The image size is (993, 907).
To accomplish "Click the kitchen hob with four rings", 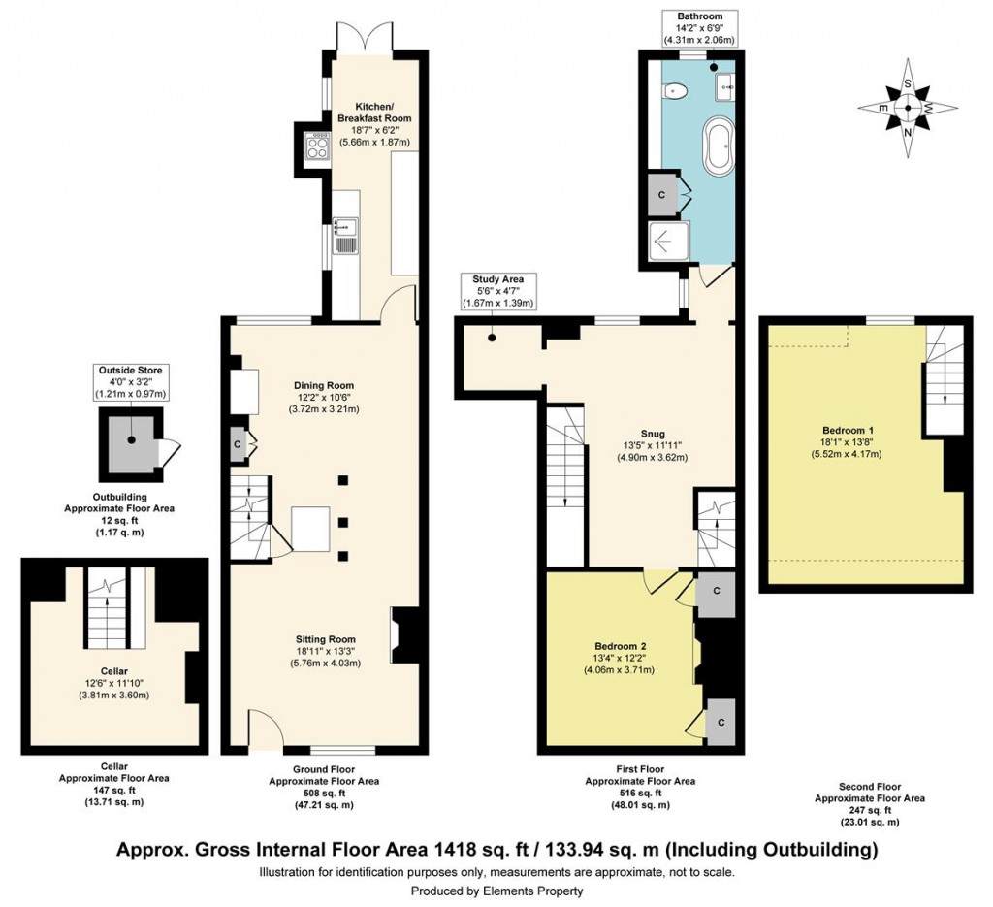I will (317, 146).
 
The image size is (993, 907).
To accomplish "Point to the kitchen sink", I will (346, 235).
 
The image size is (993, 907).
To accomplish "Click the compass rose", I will (907, 108).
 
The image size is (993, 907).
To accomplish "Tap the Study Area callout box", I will (496, 291).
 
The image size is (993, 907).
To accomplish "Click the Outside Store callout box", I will (130, 382).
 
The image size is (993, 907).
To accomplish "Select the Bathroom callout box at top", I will (699, 28).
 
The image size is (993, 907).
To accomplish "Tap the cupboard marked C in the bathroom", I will (661, 194).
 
